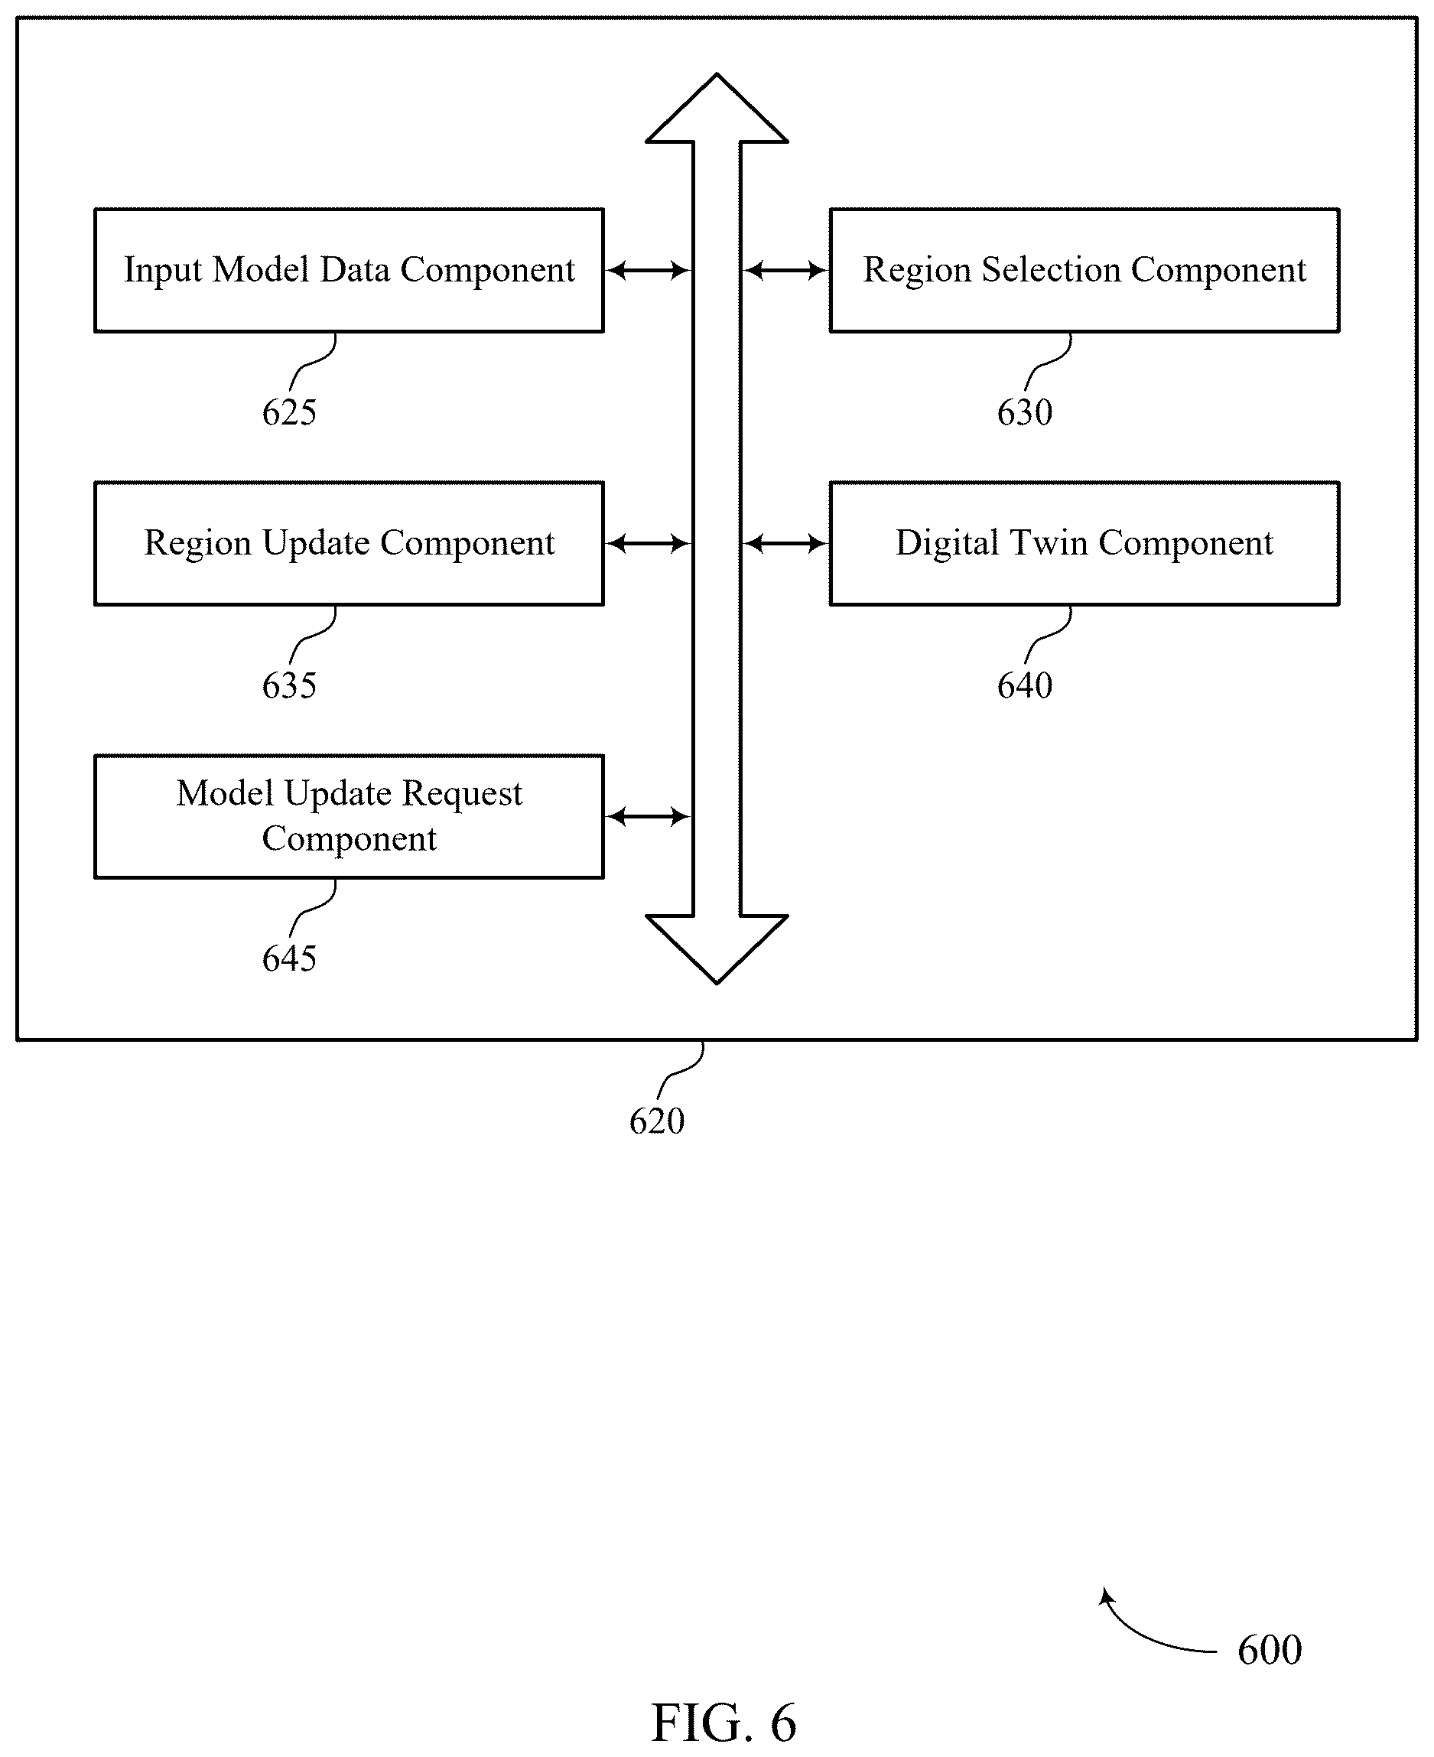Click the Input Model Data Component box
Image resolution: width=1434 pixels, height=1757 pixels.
click(x=350, y=270)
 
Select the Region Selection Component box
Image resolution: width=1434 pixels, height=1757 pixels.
click(x=1084, y=270)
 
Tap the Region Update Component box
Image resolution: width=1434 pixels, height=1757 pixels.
click(x=350, y=544)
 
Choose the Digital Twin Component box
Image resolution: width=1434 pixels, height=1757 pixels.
click(x=1084, y=544)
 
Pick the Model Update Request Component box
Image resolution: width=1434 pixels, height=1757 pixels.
click(x=350, y=816)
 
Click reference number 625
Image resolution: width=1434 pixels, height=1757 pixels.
click(x=289, y=412)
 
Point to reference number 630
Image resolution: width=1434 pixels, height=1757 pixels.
click(x=1024, y=412)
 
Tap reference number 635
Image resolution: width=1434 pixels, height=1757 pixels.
click(x=289, y=685)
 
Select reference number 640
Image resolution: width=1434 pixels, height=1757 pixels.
click(x=1024, y=685)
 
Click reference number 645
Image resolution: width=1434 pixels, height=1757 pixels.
click(x=289, y=958)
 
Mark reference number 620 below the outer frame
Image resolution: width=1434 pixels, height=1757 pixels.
click(x=657, y=1121)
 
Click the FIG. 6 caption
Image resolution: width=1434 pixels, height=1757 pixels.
click(x=724, y=1723)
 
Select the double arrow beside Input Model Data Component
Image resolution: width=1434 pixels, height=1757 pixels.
click(x=649, y=270)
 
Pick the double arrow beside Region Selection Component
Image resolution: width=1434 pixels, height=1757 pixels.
click(x=785, y=270)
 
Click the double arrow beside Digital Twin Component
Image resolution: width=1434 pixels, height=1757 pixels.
click(x=785, y=544)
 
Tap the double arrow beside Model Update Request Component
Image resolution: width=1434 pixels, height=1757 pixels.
click(x=649, y=817)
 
